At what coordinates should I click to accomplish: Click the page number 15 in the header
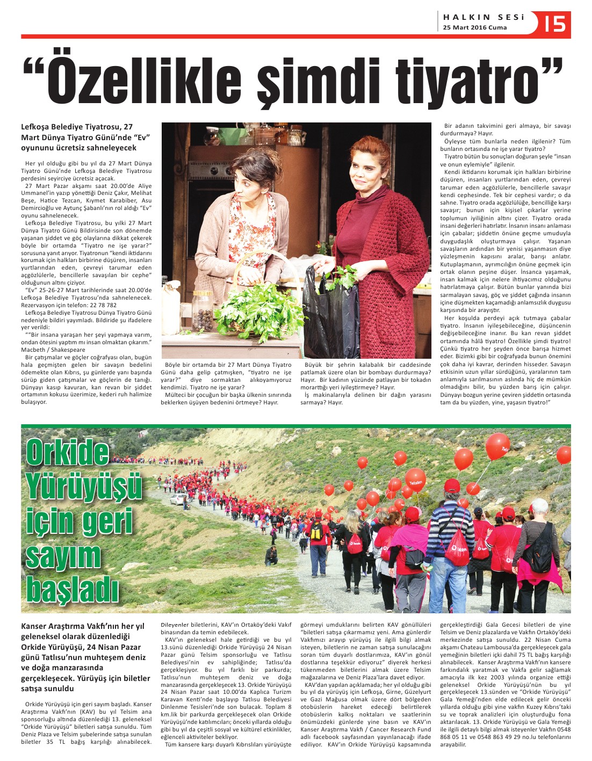click(555, 24)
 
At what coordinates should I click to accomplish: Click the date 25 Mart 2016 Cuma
click(467, 28)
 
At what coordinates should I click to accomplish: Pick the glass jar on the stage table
click(203, 312)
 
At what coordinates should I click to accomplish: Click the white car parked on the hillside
click(178, 499)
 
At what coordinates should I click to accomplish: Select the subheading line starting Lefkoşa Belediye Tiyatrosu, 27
click(77, 127)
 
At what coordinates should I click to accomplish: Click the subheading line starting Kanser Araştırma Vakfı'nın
click(83, 626)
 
